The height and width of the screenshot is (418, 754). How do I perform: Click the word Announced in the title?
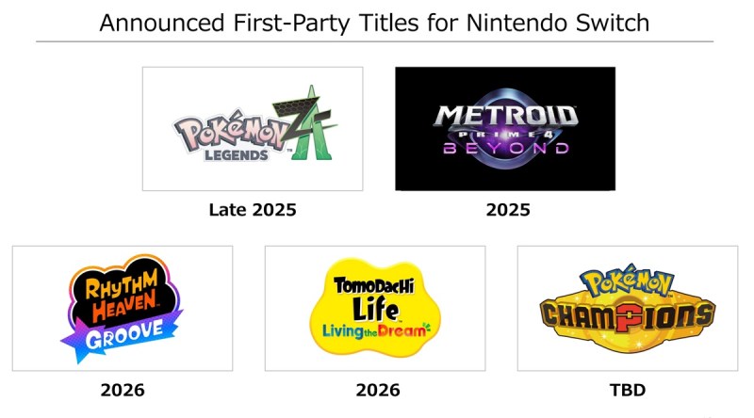tap(162, 23)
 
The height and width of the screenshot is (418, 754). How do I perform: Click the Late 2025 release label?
tap(253, 210)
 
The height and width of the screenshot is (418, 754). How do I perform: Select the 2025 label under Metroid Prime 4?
tap(508, 210)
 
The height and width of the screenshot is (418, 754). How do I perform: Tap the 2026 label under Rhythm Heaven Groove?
tap(123, 390)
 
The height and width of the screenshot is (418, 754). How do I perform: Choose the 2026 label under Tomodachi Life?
tap(378, 390)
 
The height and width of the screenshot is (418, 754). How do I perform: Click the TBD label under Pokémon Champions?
tap(628, 390)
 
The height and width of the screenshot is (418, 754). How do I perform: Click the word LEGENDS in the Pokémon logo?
tap(237, 155)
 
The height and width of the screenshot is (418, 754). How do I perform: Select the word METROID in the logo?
tap(505, 116)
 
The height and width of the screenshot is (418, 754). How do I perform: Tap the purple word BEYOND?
tap(506, 148)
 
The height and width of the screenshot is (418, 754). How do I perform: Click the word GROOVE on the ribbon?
tap(124, 334)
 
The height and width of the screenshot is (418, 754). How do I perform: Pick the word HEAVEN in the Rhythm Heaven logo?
tap(125, 307)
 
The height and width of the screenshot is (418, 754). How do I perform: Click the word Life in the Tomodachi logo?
tap(375, 308)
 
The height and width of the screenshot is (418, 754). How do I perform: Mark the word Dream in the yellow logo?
tap(402, 330)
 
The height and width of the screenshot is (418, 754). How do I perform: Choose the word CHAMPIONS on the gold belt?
tap(628, 316)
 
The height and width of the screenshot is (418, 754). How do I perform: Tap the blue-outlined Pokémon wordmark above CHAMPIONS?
tap(627, 281)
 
